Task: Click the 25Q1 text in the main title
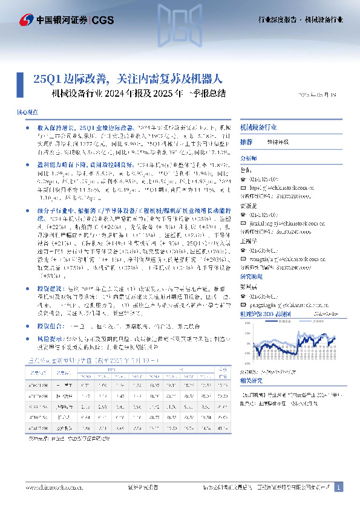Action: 45,78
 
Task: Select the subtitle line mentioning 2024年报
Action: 139,94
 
